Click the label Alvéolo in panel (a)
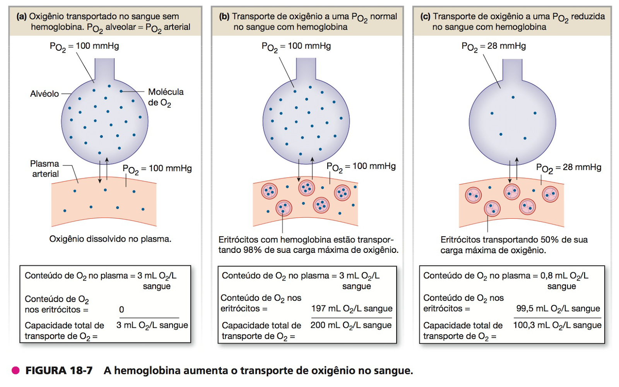click(x=44, y=94)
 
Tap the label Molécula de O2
click(x=165, y=97)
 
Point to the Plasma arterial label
click(x=45, y=169)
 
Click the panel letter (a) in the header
click(x=21, y=16)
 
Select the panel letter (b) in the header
click(x=224, y=16)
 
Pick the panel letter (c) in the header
click(x=425, y=16)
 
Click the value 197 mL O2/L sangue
click(x=352, y=309)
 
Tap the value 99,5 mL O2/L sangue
click(x=558, y=309)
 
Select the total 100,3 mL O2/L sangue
click(x=557, y=325)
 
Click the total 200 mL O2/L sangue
click(x=351, y=325)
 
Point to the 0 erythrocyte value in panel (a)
click(x=121, y=310)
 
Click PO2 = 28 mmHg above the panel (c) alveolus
click(x=494, y=46)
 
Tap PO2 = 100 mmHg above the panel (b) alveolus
click(x=296, y=46)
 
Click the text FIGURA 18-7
click(x=59, y=370)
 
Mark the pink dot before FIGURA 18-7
click(x=16, y=370)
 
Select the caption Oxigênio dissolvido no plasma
click(x=110, y=239)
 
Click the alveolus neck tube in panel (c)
click(x=512, y=70)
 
